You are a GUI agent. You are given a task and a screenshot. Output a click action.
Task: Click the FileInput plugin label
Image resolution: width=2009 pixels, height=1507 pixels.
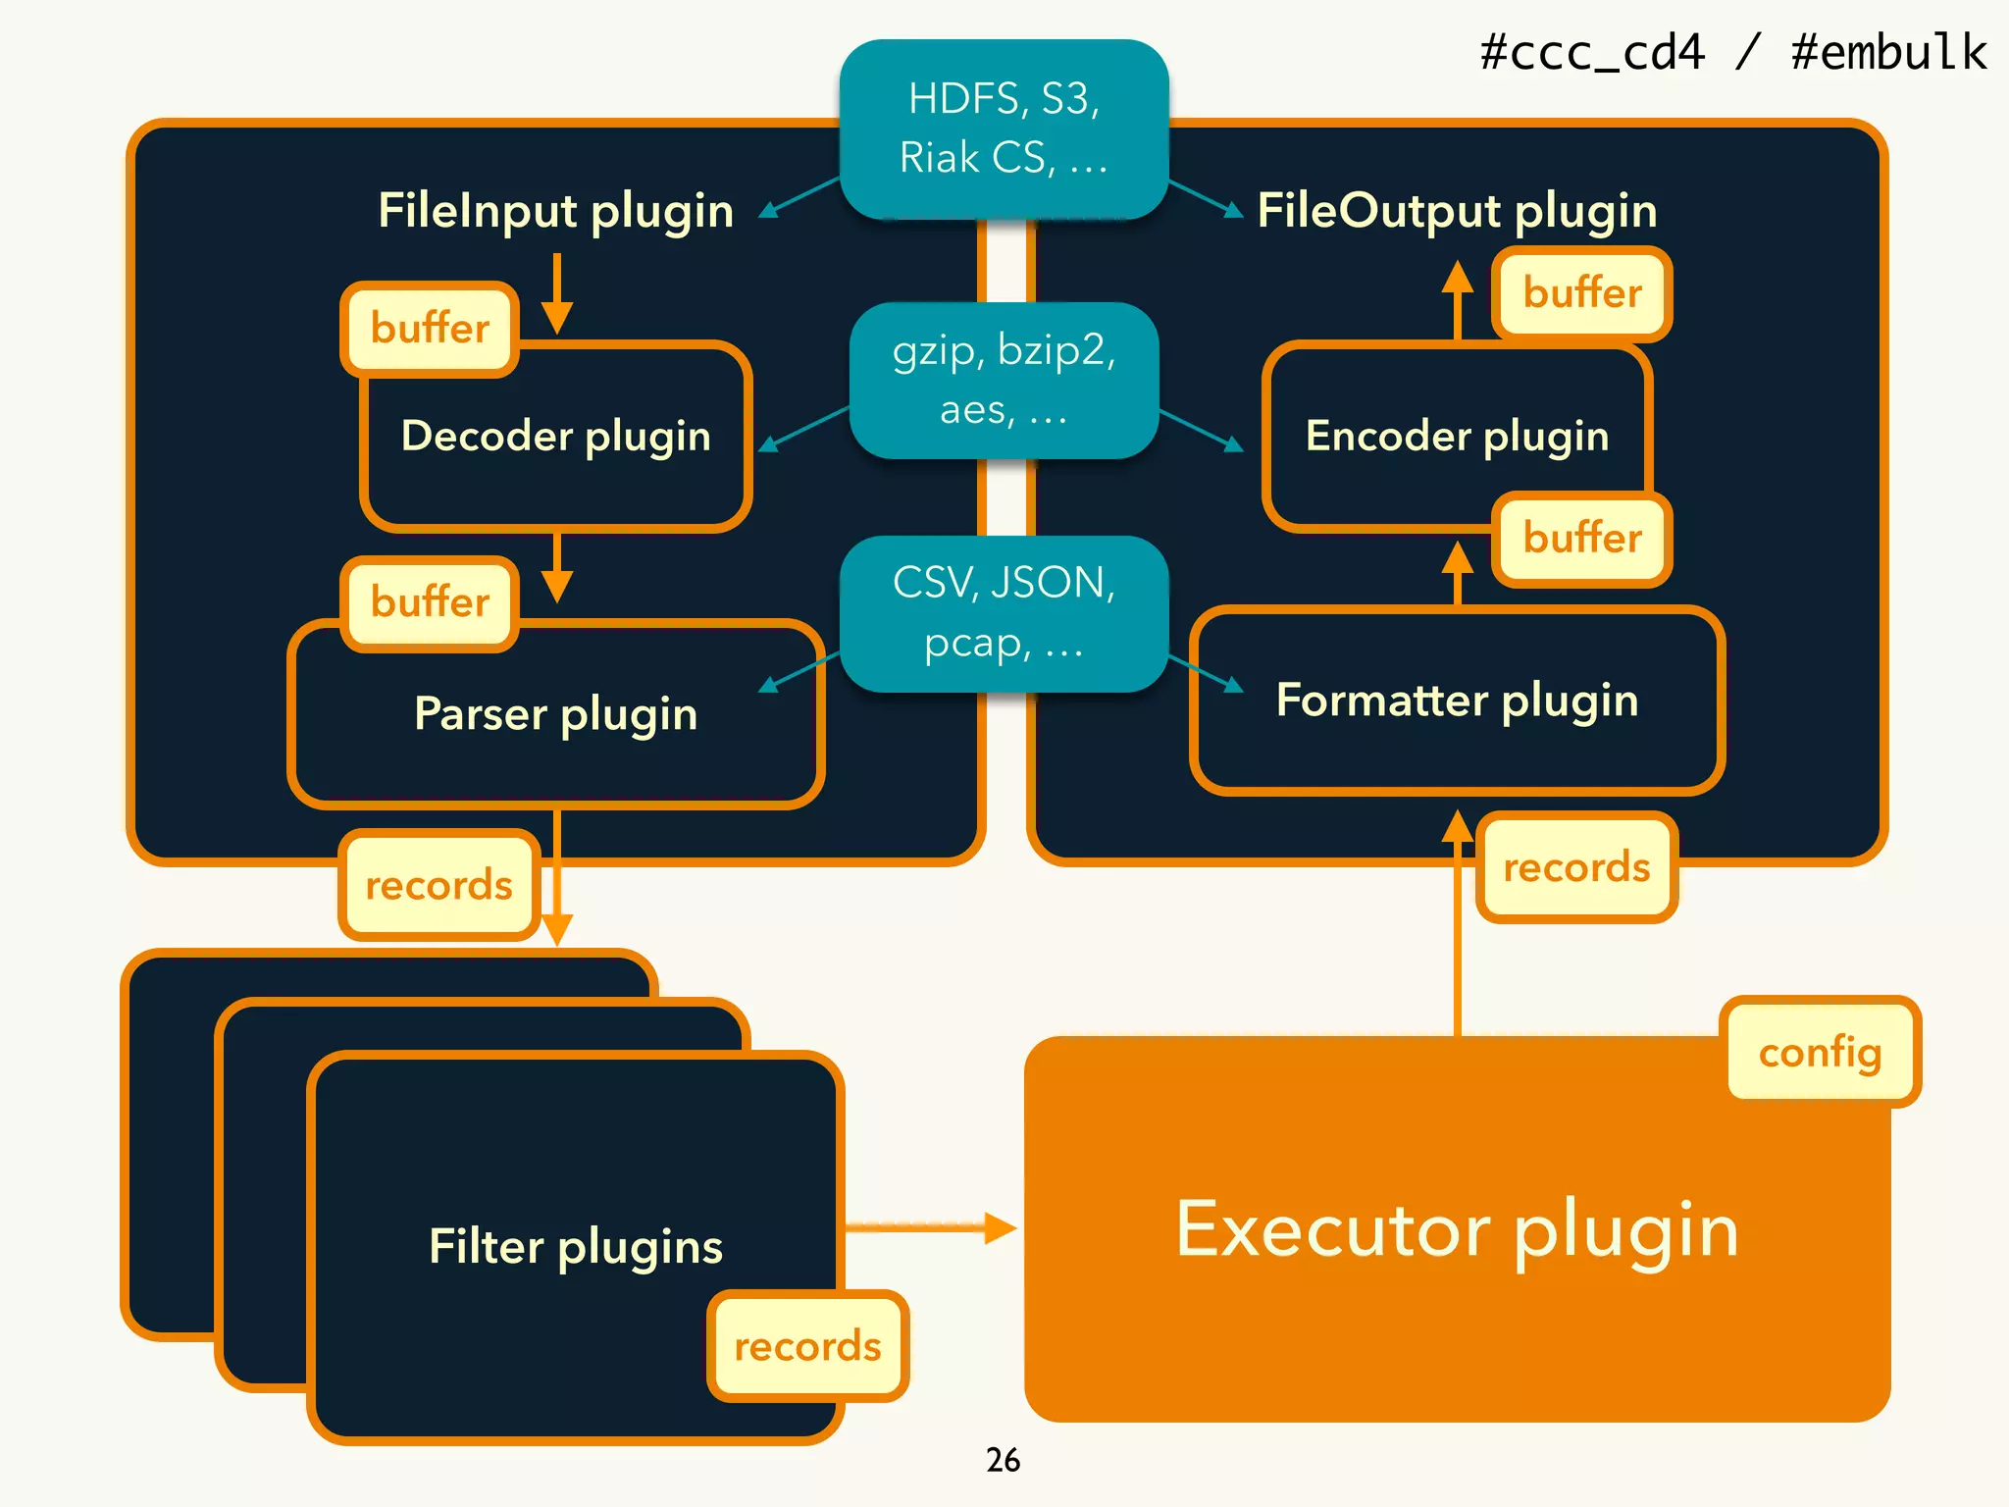click(555, 211)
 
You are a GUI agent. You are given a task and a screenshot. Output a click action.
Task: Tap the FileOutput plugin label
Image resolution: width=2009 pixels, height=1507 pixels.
click(1457, 211)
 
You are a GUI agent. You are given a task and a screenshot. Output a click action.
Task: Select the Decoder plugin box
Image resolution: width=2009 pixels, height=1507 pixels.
click(555, 436)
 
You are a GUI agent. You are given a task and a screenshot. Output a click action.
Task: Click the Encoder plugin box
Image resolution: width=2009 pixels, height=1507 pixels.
click(1457, 436)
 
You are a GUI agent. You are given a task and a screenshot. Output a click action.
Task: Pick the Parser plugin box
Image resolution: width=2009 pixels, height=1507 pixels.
click(555, 713)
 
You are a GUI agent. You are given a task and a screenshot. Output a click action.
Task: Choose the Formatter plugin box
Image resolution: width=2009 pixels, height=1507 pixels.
click(1457, 700)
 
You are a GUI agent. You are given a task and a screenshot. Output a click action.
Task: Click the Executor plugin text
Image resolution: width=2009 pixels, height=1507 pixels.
click(1457, 1229)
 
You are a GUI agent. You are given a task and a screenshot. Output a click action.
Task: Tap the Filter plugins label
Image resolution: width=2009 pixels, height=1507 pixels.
click(576, 1246)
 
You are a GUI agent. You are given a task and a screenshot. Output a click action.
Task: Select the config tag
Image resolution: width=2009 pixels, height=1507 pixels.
click(1820, 1052)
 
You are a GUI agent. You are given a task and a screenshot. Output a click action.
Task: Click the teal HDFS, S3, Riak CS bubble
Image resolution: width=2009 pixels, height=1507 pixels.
click(1004, 129)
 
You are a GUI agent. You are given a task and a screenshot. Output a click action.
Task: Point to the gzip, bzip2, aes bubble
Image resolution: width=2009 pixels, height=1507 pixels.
click(1004, 380)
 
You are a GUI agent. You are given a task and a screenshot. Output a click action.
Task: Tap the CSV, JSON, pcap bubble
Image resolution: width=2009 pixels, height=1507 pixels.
click(1004, 613)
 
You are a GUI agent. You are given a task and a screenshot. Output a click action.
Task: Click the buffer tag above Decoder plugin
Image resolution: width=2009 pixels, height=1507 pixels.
click(430, 329)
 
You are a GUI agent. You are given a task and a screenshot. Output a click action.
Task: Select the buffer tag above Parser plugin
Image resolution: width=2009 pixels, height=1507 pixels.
click(430, 602)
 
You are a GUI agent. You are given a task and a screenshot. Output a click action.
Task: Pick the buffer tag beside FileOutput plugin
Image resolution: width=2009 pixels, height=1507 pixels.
click(1581, 293)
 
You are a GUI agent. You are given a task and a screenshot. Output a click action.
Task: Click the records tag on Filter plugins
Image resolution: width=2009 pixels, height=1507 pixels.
click(807, 1346)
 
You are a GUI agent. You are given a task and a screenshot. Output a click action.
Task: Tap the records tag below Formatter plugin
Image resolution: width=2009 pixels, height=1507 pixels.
click(1576, 867)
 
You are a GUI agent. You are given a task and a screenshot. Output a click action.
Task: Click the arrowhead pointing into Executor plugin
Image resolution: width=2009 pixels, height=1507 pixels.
click(1000, 1227)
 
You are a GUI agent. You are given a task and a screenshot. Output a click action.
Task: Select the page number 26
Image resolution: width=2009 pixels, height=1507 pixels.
click(1003, 1460)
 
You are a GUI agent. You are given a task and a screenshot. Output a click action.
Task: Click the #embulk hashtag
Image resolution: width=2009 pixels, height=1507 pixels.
click(1888, 52)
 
